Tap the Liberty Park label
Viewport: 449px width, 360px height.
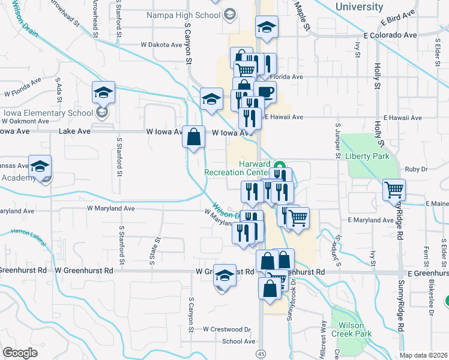click(367, 157)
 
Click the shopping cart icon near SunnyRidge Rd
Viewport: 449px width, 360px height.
click(394, 190)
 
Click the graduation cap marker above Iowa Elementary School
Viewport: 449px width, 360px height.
click(103, 93)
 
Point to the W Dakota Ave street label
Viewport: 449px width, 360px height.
click(161, 44)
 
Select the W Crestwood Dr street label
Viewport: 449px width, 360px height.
click(226, 329)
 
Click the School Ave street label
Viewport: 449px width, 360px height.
click(238, 341)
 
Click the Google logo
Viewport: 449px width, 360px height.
click(20, 352)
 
